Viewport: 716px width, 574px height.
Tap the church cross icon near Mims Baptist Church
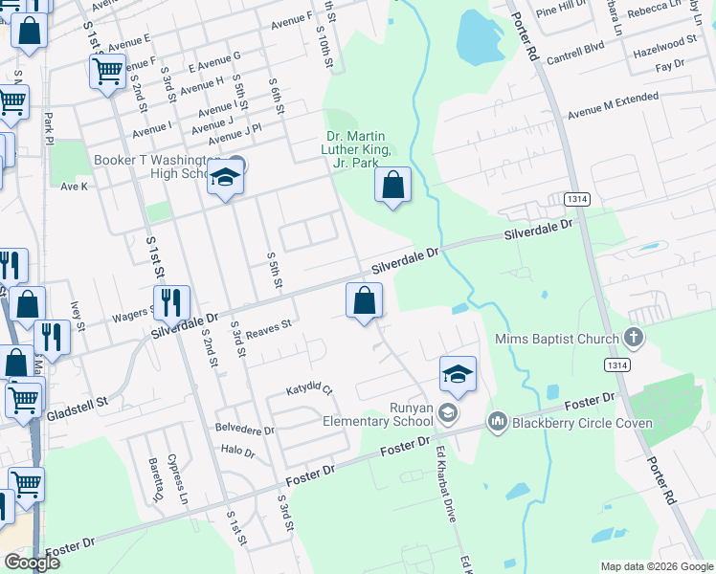coord(632,337)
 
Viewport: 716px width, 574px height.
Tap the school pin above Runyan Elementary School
coord(459,373)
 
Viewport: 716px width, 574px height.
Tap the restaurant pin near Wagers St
coord(171,303)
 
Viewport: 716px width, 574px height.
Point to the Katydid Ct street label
coord(309,390)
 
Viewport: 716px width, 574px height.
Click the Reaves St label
coord(268,330)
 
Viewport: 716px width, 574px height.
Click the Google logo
coord(32,563)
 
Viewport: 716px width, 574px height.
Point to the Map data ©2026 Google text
coord(657,565)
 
